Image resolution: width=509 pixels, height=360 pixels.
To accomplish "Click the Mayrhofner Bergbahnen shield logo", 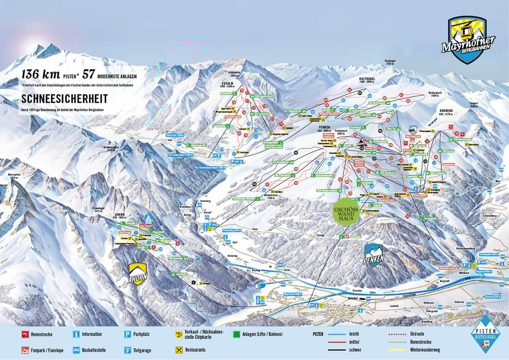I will [464, 40].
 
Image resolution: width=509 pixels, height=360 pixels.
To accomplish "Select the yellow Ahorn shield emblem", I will [138, 274].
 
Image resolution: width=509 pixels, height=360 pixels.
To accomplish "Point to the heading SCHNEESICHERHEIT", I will [64, 99].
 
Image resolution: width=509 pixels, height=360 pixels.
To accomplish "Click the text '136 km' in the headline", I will [41, 75].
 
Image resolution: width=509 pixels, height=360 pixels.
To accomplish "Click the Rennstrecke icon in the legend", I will [25, 334].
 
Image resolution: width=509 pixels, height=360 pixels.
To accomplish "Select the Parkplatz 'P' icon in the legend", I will [128, 334].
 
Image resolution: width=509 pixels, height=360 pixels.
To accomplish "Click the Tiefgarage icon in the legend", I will [128, 350].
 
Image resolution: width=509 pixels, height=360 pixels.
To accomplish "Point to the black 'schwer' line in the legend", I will [336, 350].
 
